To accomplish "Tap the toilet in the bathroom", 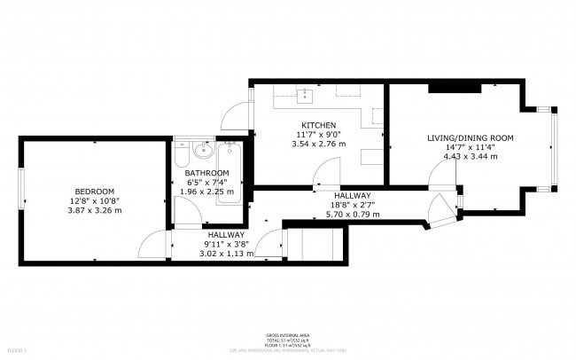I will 181,158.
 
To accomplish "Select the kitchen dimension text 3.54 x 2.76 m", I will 316,144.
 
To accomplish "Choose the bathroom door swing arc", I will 186,208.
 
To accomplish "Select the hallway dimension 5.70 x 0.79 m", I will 352,215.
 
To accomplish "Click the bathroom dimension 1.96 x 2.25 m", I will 206,192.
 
